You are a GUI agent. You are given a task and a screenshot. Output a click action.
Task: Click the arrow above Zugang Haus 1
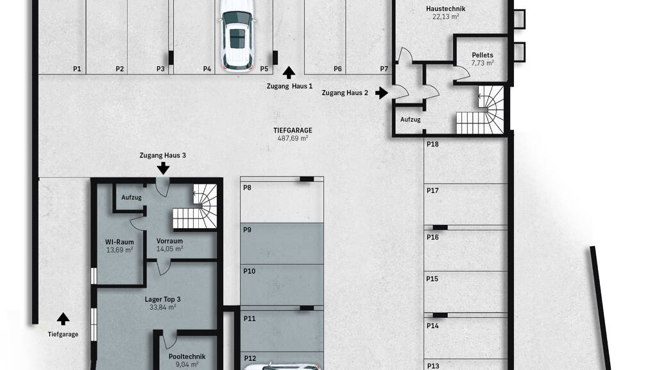(x=289, y=73)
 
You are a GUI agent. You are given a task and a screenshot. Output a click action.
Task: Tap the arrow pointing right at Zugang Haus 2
(x=381, y=92)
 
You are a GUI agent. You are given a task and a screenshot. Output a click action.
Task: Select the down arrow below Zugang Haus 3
(x=163, y=168)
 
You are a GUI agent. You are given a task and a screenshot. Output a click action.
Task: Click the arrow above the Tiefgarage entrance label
(x=64, y=319)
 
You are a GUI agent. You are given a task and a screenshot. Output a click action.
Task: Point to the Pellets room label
(x=482, y=55)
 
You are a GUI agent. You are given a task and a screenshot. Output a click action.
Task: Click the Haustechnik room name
(x=445, y=8)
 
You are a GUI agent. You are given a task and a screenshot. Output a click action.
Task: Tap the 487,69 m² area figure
(x=293, y=138)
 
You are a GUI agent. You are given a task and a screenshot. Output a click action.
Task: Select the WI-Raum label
(x=119, y=242)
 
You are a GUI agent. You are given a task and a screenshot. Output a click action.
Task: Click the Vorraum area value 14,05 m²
(x=169, y=249)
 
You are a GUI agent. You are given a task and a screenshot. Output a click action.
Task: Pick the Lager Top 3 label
(x=162, y=299)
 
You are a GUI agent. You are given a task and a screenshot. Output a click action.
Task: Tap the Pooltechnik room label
(x=187, y=357)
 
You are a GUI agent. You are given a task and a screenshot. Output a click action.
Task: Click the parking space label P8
(x=247, y=188)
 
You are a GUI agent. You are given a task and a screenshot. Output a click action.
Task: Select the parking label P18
(x=432, y=145)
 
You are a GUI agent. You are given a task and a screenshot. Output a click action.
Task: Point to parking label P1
(x=77, y=69)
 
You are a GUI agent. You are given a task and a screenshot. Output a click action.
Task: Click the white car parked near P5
(x=237, y=35)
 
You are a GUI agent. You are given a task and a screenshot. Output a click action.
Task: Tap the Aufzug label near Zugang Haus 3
(x=132, y=198)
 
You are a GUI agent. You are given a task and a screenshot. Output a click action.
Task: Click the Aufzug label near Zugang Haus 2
(x=410, y=119)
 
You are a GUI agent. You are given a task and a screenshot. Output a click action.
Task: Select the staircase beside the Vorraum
(x=195, y=206)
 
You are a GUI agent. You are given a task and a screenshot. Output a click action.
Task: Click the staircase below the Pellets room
(x=480, y=110)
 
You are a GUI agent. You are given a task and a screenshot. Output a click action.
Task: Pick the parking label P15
(x=432, y=279)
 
